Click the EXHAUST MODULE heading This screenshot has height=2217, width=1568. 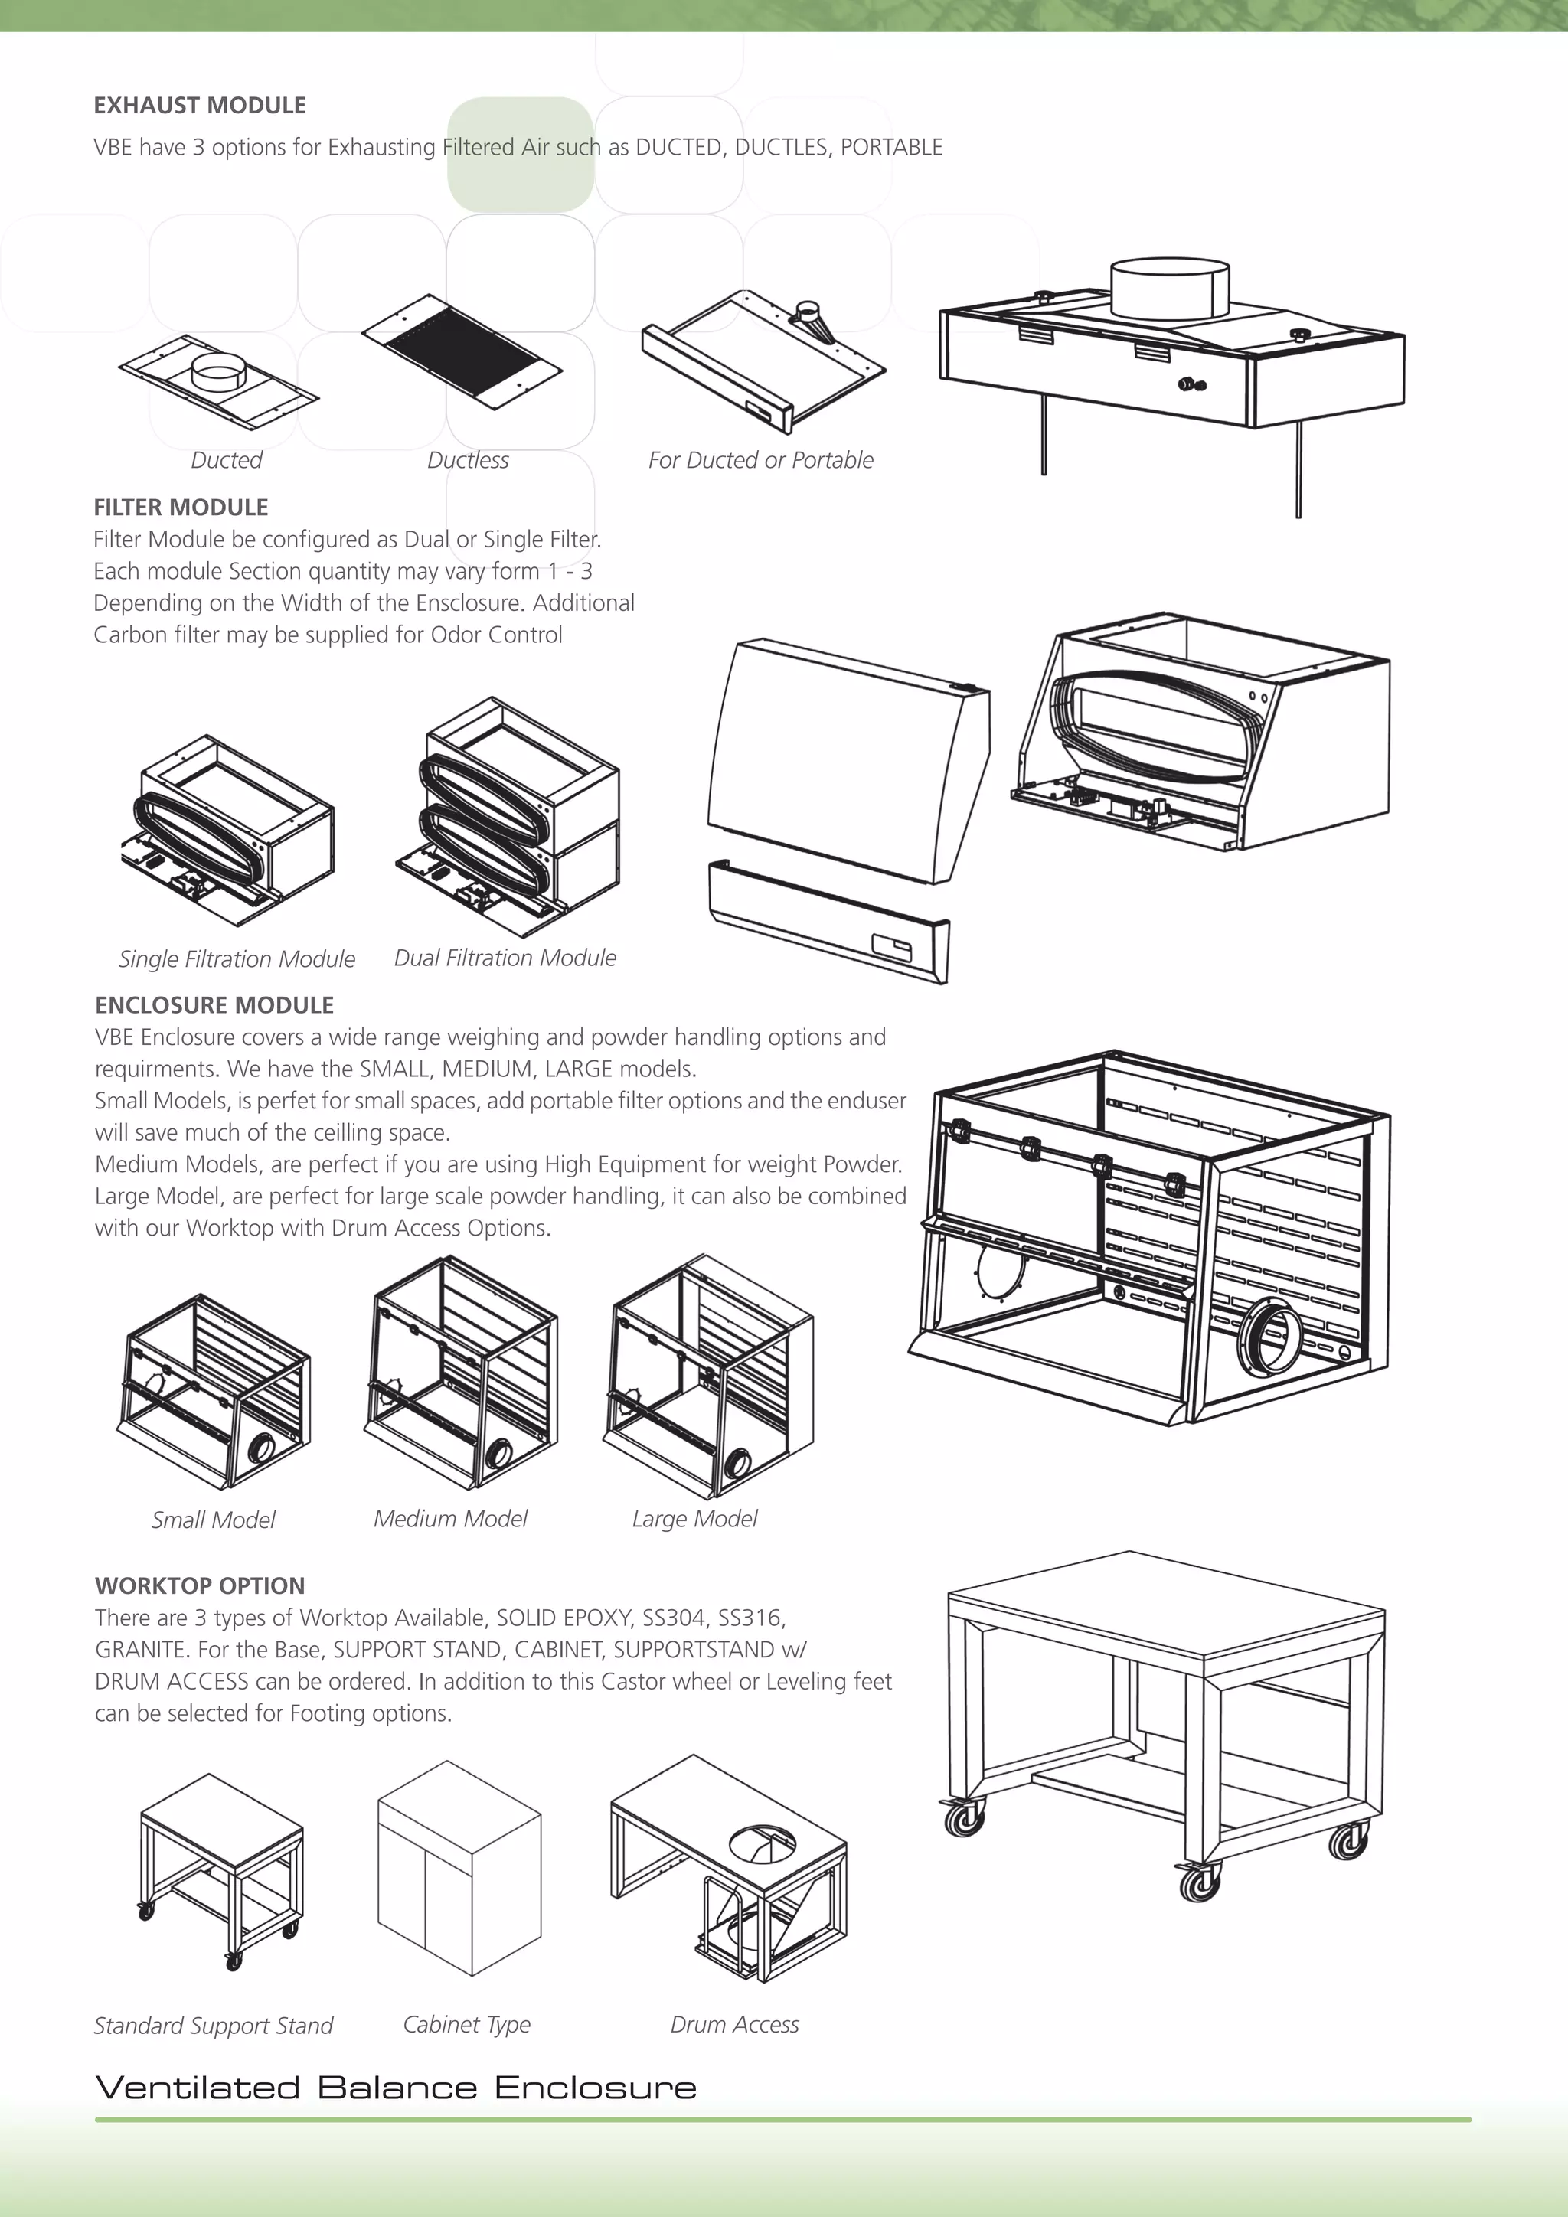199,105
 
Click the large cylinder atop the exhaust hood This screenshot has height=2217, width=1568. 1169,287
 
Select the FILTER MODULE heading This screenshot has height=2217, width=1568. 181,507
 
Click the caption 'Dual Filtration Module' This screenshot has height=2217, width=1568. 505,958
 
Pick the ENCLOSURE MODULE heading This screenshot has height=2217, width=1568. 214,1005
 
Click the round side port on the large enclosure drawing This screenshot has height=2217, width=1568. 1269,1337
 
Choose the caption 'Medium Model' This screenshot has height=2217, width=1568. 450,1519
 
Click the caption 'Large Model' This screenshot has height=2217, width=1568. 694,1519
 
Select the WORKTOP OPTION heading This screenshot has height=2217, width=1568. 200,1585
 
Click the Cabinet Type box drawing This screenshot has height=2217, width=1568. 459,1869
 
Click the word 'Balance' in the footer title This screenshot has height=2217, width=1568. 396,2088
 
